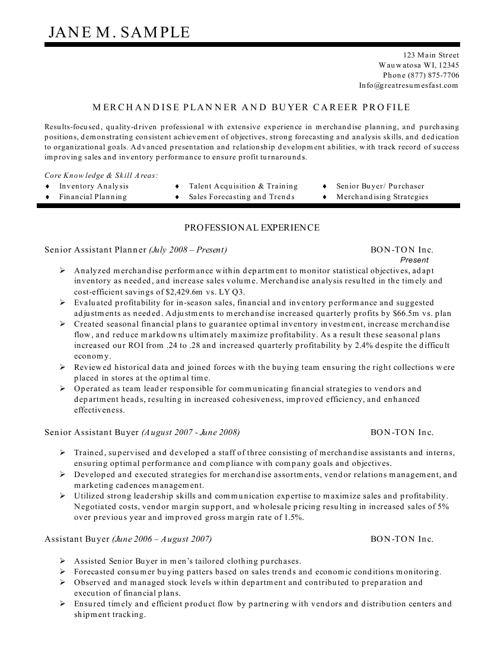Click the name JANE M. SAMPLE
point(119,32)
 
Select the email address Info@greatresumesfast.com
point(409,85)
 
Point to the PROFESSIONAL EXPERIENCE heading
point(252,228)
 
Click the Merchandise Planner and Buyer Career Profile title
point(251,107)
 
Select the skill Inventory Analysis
point(94,186)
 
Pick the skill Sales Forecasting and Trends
point(241,197)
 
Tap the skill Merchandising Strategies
point(382,197)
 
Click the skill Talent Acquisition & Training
point(243,186)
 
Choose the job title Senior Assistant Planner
point(95,250)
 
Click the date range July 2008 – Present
point(188,250)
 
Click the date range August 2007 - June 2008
point(191,433)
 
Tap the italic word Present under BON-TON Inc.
point(414,260)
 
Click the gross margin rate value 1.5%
point(290,517)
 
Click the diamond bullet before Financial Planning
point(47,197)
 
